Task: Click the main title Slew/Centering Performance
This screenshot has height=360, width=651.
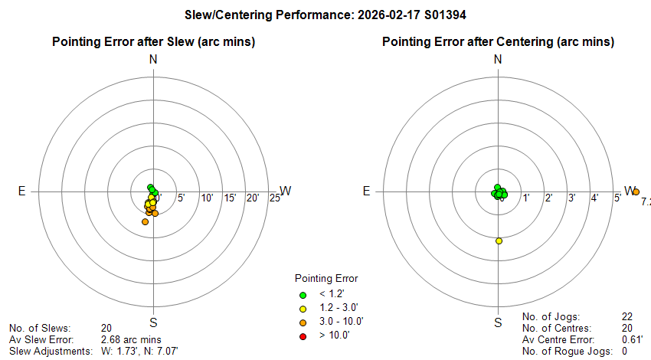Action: pyautogui.click(x=325, y=15)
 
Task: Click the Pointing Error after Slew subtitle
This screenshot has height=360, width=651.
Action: pyautogui.click(x=153, y=41)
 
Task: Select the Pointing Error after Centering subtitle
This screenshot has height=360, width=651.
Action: pyautogui.click(x=498, y=41)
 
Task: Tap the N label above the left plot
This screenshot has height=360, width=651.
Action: pyautogui.click(x=154, y=60)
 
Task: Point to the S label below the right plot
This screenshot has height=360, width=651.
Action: pyautogui.click(x=498, y=322)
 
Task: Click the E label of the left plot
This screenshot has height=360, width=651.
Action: pyautogui.click(x=22, y=191)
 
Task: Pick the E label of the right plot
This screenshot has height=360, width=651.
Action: pyautogui.click(x=367, y=191)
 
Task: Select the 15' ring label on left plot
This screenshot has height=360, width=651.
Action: pyautogui.click(x=230, y=198)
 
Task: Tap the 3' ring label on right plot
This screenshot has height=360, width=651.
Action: pyautogui.click(x=571, y=198)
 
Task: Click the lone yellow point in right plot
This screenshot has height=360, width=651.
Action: pyautogui.click(x=499, y=241)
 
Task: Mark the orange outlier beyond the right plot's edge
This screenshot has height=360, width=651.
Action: pyautogui.click(x=636, y=192)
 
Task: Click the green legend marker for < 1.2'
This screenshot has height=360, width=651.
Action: pyautogui.click(x=303, y=295)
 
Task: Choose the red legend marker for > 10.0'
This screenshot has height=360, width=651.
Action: pyautogui.click(x=303, y=335)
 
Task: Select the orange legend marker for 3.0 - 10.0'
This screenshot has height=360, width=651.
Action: pyautogui.click(x=303, y=322)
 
